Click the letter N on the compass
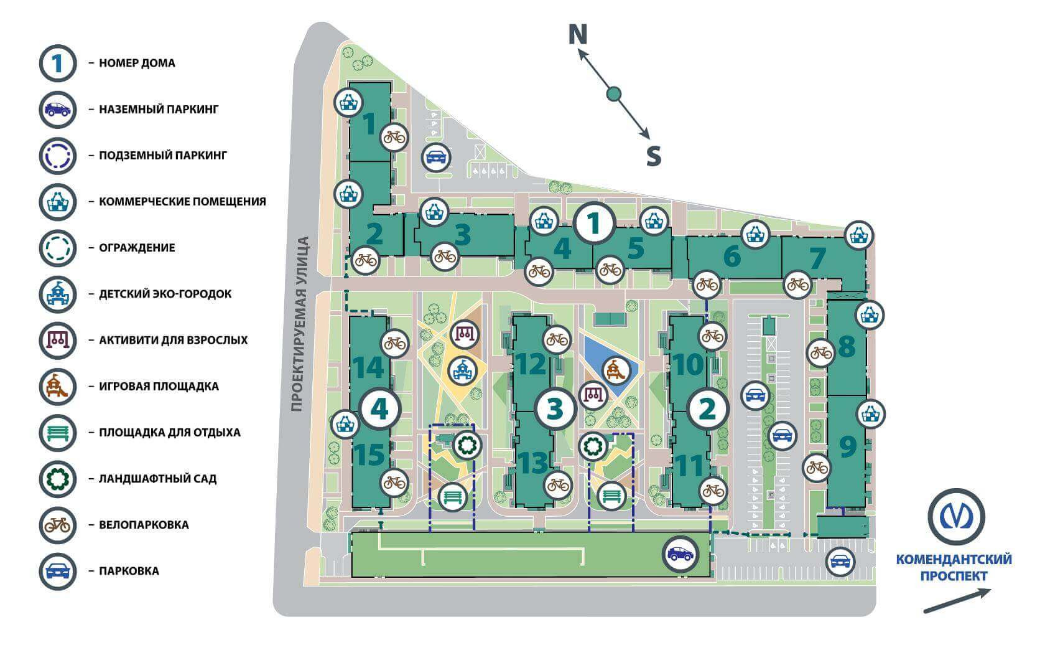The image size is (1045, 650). coord(577,34)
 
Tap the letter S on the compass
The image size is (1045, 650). coord(654,156)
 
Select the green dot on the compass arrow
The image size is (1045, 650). coord(614,95)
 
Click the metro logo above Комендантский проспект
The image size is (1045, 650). coord(957,517)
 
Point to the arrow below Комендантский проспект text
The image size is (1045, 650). coord(957,600)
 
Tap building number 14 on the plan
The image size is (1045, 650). coord(368,367)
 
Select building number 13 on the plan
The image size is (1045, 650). coord(532,463)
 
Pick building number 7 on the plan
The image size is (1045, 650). coord(817,259)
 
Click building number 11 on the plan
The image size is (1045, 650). coord(689,466)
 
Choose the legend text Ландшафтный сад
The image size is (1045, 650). coord(158,479)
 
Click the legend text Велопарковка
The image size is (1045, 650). coord(144,525)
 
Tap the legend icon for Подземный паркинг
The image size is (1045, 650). coord(58,156)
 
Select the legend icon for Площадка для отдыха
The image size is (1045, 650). coord(58,433)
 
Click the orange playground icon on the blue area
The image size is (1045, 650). coord(616,371)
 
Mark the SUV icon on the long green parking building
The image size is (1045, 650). coord(680,554)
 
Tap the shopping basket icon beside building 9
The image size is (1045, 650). coord(871,414)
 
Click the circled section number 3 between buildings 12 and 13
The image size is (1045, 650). coord(555,409)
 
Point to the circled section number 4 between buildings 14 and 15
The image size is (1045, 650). coord(379,409)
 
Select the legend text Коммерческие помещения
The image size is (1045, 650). coord(182,202)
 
